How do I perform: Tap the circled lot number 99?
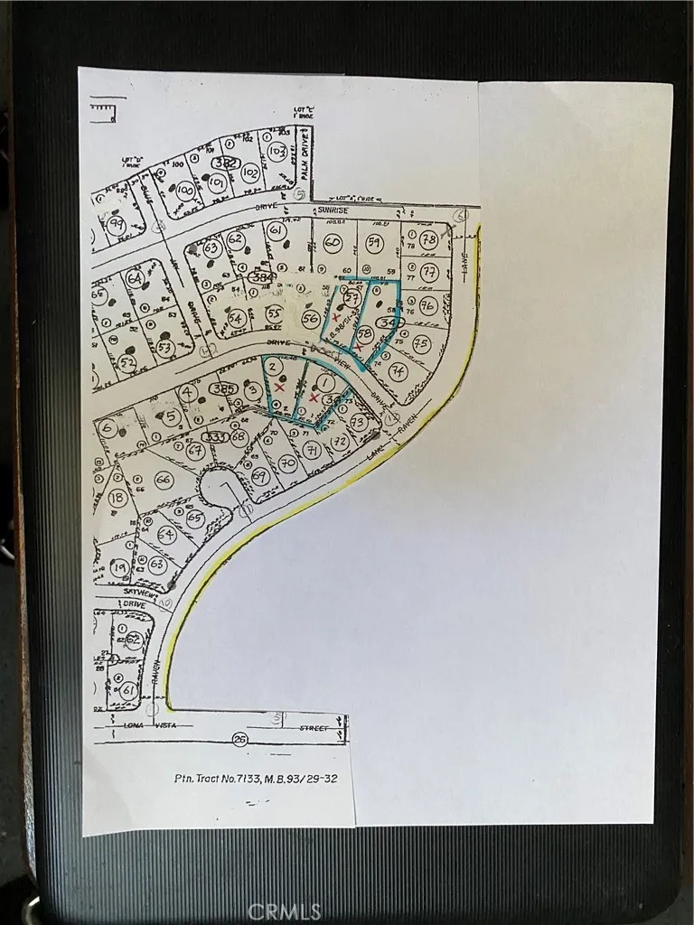pos(115,226)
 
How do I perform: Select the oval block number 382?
pos(226,163)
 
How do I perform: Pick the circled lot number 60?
pos(332,242)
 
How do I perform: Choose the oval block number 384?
pos(262,278)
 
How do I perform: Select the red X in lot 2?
pos(279,387)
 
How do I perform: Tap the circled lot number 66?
pos(163,480)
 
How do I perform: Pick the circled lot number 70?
pos(287,464)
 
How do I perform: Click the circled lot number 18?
pos(116,498)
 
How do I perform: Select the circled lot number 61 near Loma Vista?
pos(128,691)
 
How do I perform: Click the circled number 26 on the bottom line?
pos(239,739)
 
